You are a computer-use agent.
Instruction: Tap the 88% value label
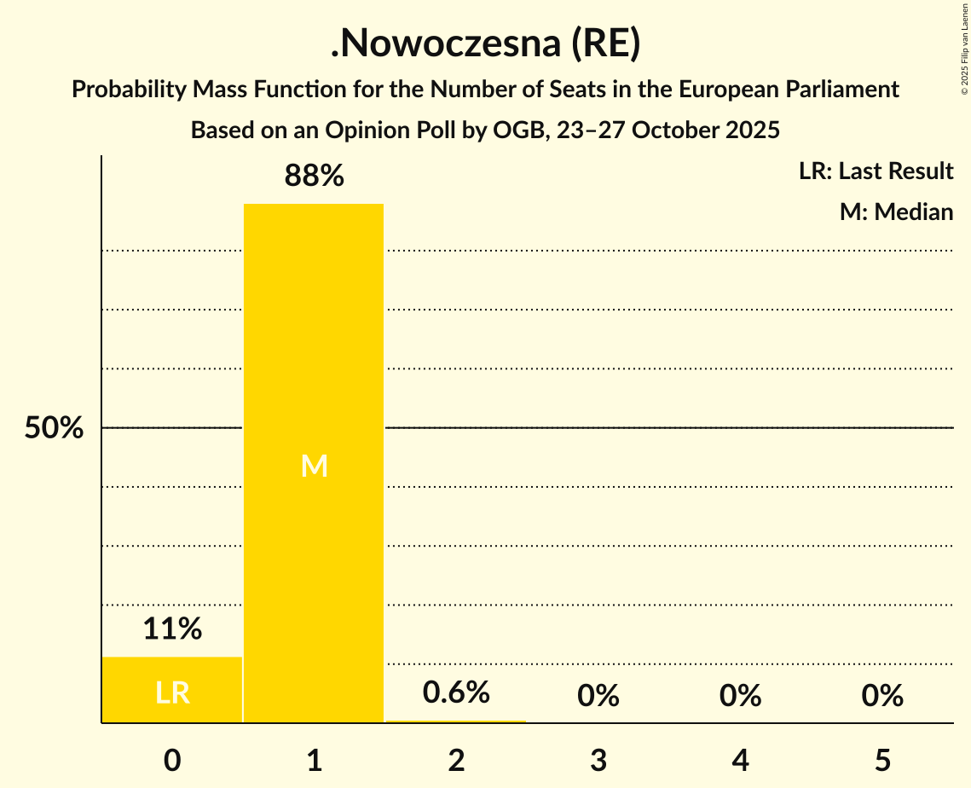(314, 177)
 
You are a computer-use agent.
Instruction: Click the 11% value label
(172, 629)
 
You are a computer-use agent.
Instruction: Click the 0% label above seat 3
(598, 696)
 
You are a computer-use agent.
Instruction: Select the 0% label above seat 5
(881, 696)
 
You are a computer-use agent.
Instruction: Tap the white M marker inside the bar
(314, 466)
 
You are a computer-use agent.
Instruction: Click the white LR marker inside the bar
(172, 692)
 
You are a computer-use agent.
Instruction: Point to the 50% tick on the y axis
(54, 428)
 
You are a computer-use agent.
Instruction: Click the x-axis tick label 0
(172, 760)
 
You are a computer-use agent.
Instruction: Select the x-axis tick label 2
(456, 760)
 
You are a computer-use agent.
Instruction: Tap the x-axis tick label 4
(740, 760)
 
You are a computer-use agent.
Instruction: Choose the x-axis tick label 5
(881, 760)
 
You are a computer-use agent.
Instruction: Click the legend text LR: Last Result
(876, 171)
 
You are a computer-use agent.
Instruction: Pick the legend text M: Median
(896, 211)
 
